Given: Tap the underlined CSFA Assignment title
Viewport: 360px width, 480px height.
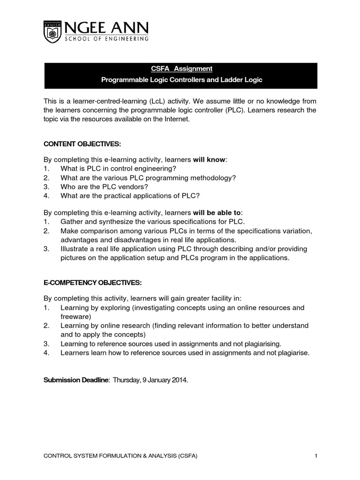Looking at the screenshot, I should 181,68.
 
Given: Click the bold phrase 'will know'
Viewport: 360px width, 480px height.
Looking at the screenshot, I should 210,160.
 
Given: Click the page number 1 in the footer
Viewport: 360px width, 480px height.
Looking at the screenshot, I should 316,456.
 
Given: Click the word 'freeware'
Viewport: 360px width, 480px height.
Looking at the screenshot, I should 75,317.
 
